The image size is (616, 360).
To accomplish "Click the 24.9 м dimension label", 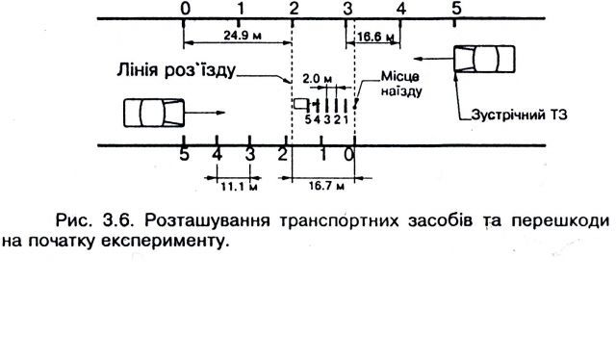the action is click(x=243, y=36).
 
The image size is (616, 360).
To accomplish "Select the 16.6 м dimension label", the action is click(x=375, y=37).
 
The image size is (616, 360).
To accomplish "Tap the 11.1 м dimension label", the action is click(x=239, y=187).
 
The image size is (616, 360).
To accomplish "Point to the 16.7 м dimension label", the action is click(x=326, y=186).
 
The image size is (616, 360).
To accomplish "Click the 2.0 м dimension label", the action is click(x=317, y=79).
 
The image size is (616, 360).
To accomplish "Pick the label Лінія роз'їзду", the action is click(x=176, y=70).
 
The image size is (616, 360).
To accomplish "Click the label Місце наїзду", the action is click(x=401, y=84).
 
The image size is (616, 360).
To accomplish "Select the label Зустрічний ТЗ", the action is click(x=519, y=115).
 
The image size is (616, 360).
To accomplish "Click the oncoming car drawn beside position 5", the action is click(x=484, y=59).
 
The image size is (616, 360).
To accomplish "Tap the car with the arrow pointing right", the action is click(x=154, y=113).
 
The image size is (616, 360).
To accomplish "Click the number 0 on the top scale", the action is click(x=185, y=9).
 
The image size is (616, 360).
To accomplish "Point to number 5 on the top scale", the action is click(x=455, y=8).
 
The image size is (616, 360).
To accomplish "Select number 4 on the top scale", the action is click(x=400, y=9).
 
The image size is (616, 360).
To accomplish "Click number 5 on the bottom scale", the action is click(x=184, y=155).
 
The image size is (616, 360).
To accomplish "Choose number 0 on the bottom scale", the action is click(x=348, y=155).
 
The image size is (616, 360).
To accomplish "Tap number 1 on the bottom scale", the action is click(x=322, y=155).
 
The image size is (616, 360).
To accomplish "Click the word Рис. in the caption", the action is click(x=74, y=220).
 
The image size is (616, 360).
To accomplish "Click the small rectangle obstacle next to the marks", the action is click(x=300, y=103).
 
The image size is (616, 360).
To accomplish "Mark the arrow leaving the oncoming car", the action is click(x=434, y=59).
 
